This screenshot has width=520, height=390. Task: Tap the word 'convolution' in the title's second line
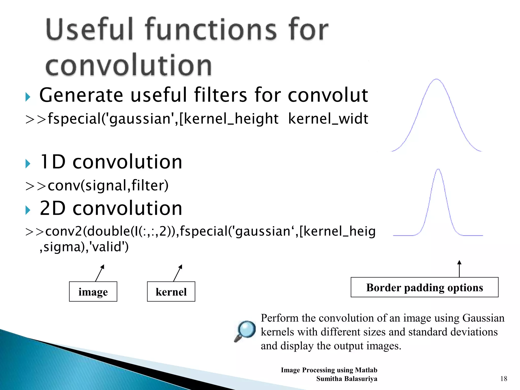click(x=128, y=65)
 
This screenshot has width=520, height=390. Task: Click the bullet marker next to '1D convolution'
click(x=28, y=164)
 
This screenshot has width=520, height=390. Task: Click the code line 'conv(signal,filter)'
click(x=108, y=185)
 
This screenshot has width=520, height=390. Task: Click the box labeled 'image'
click(x=93, y=291)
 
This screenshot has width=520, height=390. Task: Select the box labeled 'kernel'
click(x=171, y=291)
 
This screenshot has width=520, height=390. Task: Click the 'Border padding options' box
click(x=424, y=287)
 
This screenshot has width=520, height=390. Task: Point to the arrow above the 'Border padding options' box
click(x=459, y=269)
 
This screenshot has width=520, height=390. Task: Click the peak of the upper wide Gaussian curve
click(x=436, y=79)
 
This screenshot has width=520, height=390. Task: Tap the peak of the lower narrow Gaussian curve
click(x=438, y=169)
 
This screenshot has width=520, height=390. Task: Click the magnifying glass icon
click(x=245, y=331)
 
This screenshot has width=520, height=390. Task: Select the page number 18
click(x=503, y=379)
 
